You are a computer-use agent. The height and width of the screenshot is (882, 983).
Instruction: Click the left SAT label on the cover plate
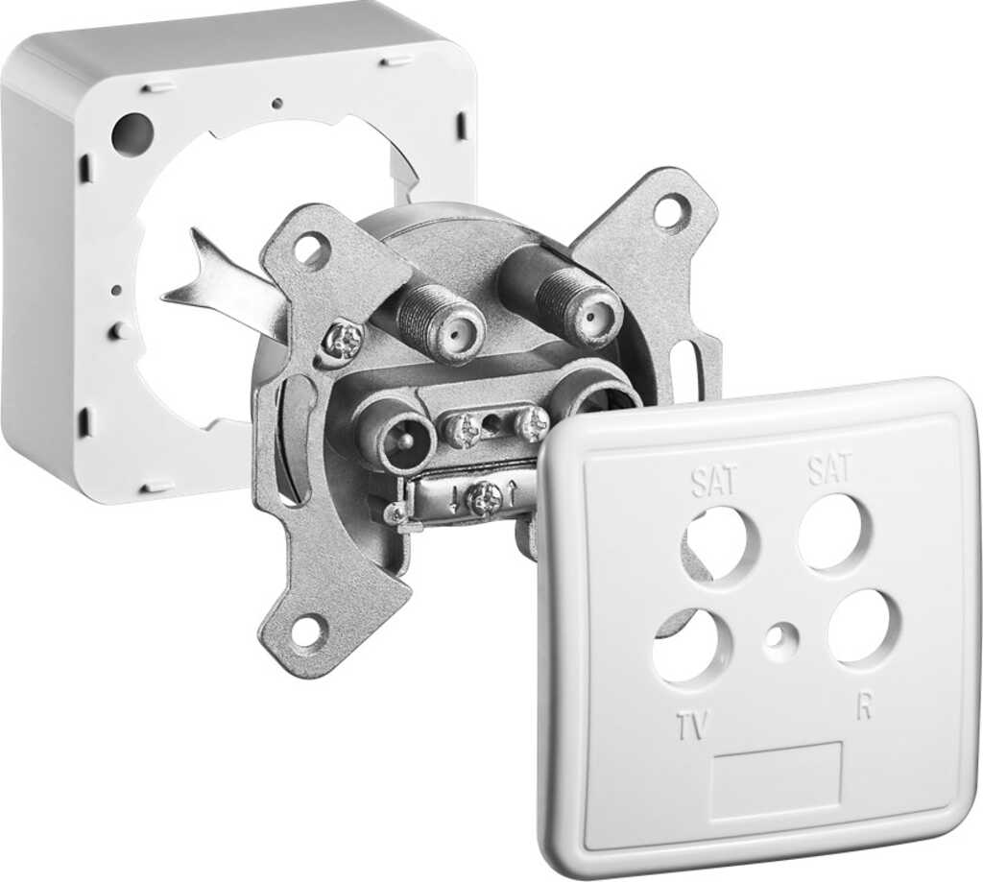click(715, 482)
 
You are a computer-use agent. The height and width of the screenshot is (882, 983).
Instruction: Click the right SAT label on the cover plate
click(829, 469)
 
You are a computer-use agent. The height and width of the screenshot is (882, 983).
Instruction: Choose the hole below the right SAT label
click(836, 531)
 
